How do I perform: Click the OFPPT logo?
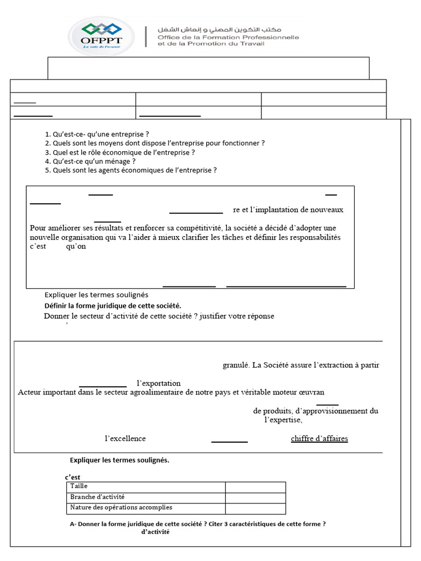(101, 36)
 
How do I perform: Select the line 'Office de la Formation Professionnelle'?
(228, 37)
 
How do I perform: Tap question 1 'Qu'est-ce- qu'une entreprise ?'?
(97, 134)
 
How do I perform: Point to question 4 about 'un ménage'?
(90, 162)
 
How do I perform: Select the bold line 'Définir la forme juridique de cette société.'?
(112, 306)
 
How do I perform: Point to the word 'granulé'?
(236, 365)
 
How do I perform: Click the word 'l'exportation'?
(158, 383)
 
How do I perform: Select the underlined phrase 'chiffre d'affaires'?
(319, 438)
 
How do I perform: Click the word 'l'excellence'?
(125, 438)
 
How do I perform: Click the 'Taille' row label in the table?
(79, 486)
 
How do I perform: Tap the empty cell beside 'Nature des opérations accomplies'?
(255, 508)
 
